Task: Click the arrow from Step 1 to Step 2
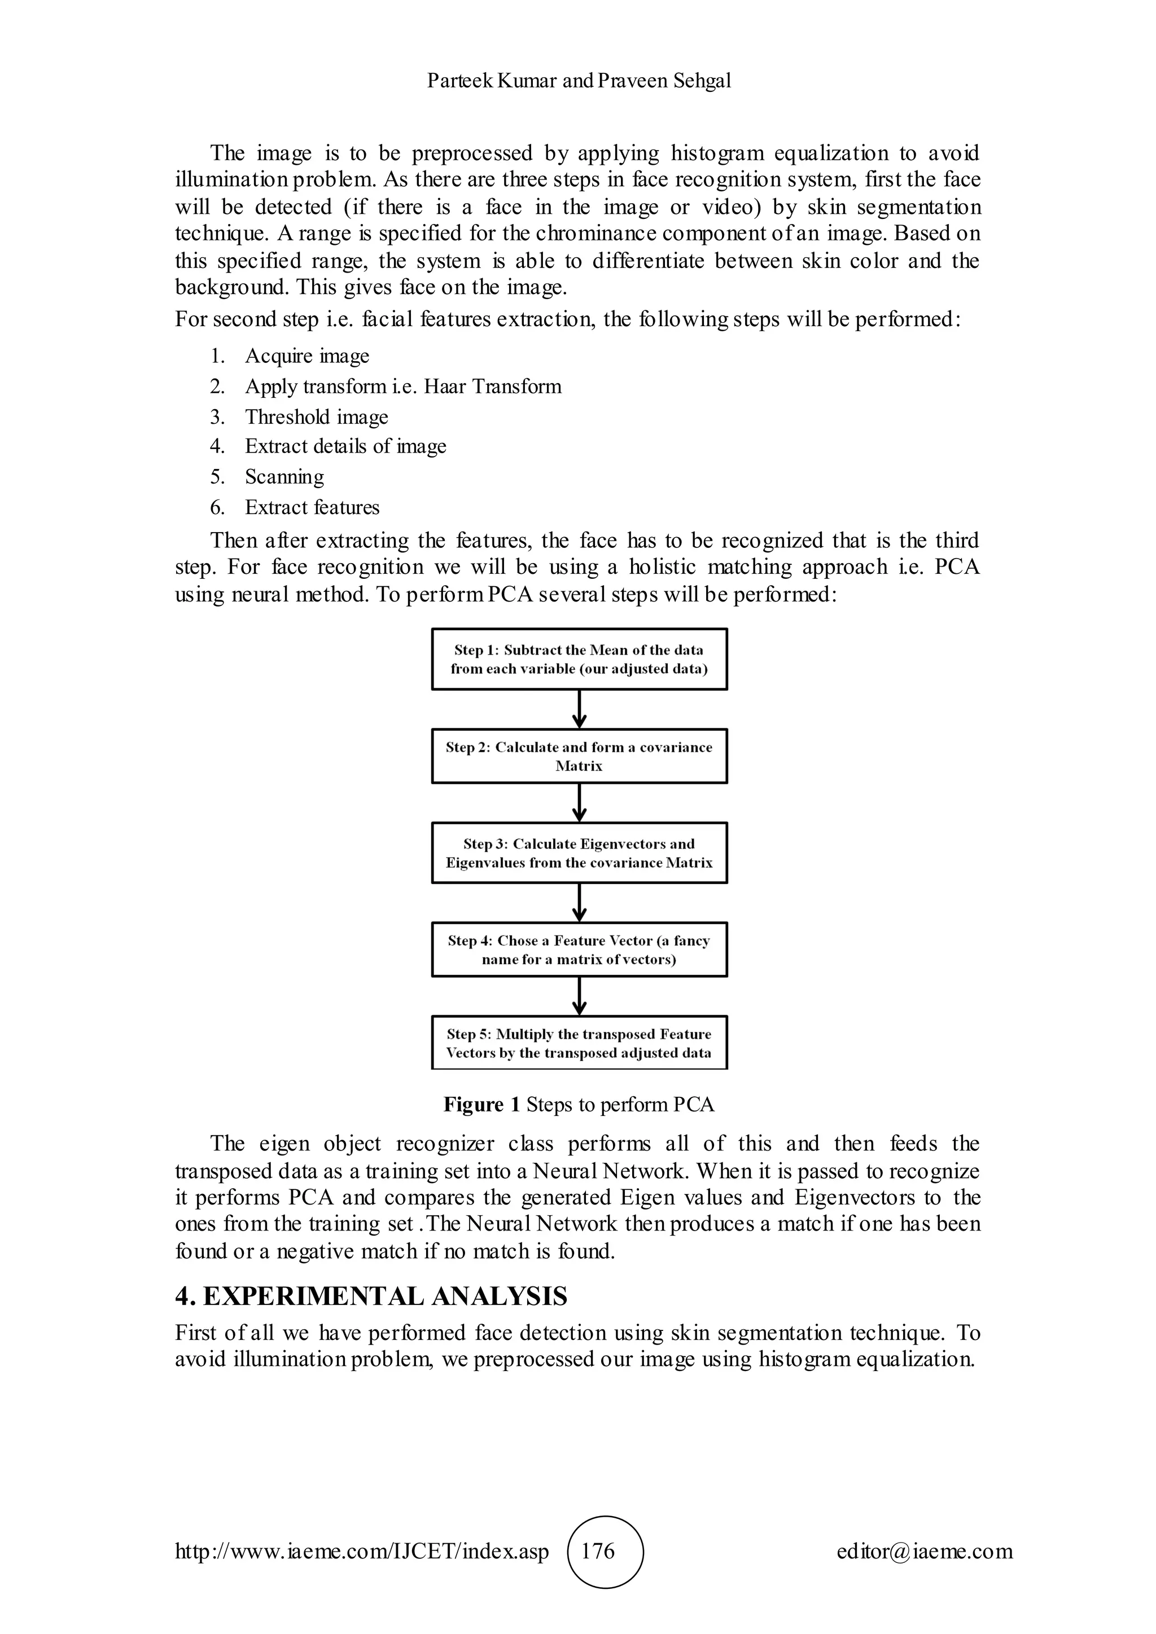click(580, 709)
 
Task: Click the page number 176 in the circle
click(598, 1550)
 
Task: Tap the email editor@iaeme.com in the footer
click(924, 1550)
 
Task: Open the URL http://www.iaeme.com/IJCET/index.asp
click(362, 1550)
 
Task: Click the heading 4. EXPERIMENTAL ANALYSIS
click(371, 1296)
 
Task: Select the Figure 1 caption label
click(483, 1105)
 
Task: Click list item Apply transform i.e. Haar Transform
click(403, 386)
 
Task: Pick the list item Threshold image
click(316, 417)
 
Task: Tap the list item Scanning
click(284, 477)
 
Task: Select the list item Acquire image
click(307, 356)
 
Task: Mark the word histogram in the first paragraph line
click(717, 153)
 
